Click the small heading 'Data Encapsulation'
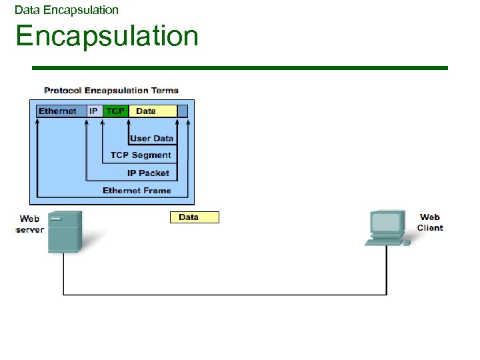pos(67,10)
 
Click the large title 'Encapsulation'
pos(107,35)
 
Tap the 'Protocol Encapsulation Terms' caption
pos(111,90)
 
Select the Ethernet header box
pos(58,111)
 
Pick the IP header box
pos(94,111)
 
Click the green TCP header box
pos(115,111)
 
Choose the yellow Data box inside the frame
pos(152,111)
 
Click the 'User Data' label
pos(151,139)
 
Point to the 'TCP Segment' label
pos(141,155)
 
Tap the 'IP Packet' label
pos(148,173)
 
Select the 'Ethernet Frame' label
pos(137,191)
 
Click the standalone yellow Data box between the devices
pos(194,217)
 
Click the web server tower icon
pos(65,231)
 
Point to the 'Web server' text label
pos(30,224)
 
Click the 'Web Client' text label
pos(430,222)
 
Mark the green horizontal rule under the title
pos(240,67)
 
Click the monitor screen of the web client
pos(387,221)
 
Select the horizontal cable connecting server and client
pos(225,294)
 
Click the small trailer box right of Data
pos(183,111)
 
